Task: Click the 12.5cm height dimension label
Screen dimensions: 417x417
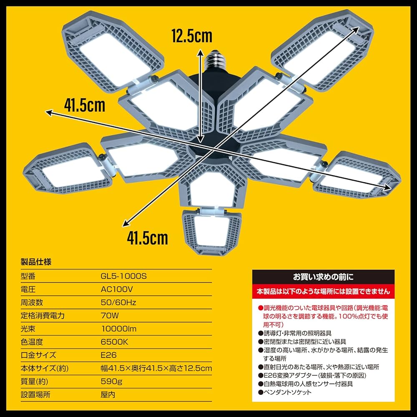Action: (192, 36)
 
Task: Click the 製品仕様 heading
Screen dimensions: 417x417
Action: (36, 263)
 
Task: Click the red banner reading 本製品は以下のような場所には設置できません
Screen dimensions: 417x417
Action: (323, 291)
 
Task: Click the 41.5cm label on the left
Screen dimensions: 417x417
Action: (84, 104)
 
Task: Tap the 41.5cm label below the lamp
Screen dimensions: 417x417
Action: (148, 238)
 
